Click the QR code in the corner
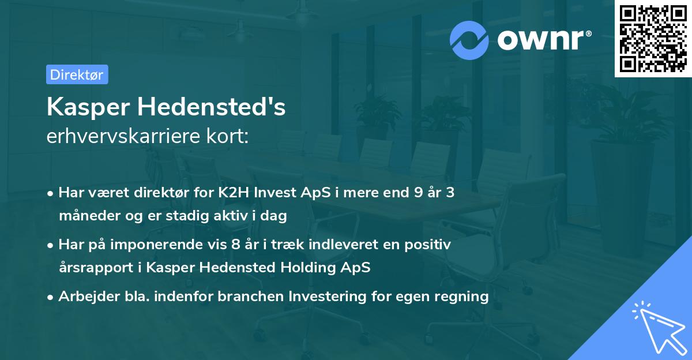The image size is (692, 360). (x=653, y=39)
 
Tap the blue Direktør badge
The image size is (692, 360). (x=77, y=74)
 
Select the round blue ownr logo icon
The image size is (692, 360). (x=469, y=40)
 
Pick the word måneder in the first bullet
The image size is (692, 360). (x=85, y=216)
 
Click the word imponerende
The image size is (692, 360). (x=166, y=245)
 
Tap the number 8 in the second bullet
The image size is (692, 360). (x=235, y=245)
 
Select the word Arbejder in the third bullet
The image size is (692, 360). (x=84, y=297)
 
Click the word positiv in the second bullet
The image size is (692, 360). (x=430, y=245)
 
